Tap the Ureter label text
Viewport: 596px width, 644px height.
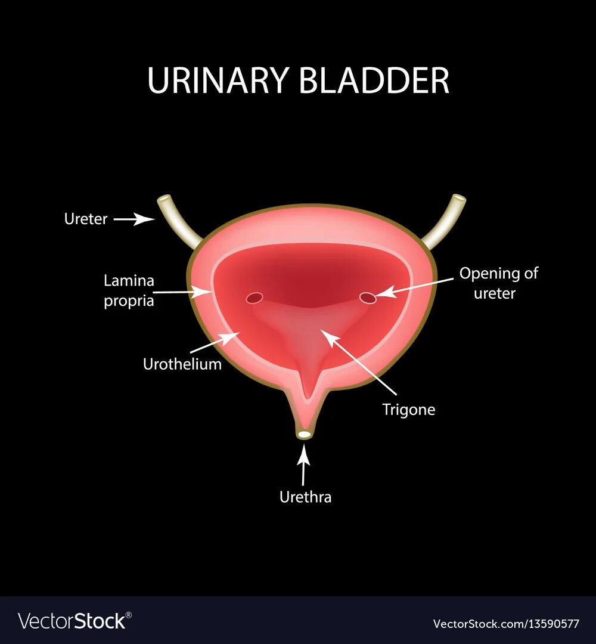[x=86, y=219]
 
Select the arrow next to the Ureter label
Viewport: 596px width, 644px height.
[x=134, y=219]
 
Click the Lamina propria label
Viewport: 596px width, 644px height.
[x=129, y=290]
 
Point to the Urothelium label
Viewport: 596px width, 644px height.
[x=182, y=364]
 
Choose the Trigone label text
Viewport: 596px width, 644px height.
[x=408, y=410]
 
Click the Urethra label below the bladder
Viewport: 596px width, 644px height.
[x=305, y=497]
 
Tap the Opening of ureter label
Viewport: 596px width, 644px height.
[x=498, y=283]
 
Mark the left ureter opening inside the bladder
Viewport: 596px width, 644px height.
[x=254, y=297]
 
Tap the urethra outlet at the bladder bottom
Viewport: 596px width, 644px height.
[x=305, y=435]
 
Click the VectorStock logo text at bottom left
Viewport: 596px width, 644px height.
[x=72, y=621]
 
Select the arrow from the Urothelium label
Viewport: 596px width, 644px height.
[x=215, y=343]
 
